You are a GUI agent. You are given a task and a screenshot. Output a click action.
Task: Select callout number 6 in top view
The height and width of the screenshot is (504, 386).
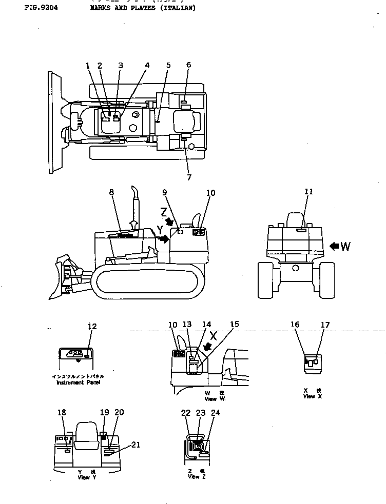[x=188, y=65]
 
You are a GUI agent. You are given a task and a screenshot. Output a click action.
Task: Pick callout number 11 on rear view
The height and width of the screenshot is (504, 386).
[x=309, y=192]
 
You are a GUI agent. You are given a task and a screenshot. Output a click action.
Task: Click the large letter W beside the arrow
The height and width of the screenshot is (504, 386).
[x=345, y=247]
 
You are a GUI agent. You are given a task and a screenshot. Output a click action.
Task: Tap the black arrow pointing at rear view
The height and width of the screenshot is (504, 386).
[x=334, y=247]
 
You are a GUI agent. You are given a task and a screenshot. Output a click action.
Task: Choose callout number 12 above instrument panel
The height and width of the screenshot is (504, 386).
[x=92, y=327]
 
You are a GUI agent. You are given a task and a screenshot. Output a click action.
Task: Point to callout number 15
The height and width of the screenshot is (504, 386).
[x=234, y=325]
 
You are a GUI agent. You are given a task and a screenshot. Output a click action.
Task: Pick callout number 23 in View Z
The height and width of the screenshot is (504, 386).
[x=201, y=413]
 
